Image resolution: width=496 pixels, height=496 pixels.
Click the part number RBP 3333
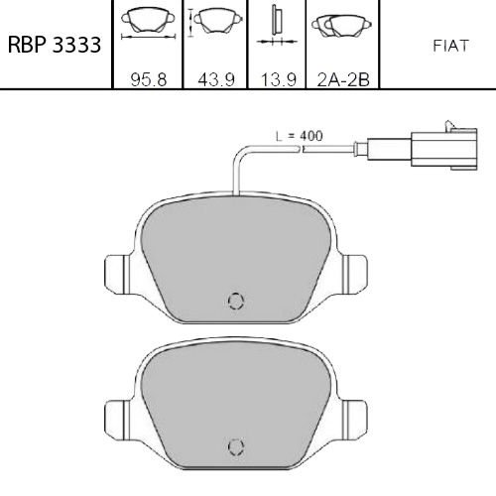point(55,45)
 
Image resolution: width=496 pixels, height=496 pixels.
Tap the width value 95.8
point(149,79)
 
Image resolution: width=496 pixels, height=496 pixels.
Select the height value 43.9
point(216,79)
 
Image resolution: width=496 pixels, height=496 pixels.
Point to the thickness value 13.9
point(279,79)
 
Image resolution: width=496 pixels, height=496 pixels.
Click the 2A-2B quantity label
point(343,79)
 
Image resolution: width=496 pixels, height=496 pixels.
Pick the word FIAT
point(451,46)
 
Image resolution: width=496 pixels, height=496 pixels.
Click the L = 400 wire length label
point(300,136)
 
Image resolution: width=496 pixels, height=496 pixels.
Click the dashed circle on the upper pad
point(236,301)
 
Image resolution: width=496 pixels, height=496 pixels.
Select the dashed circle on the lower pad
point(236,447)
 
